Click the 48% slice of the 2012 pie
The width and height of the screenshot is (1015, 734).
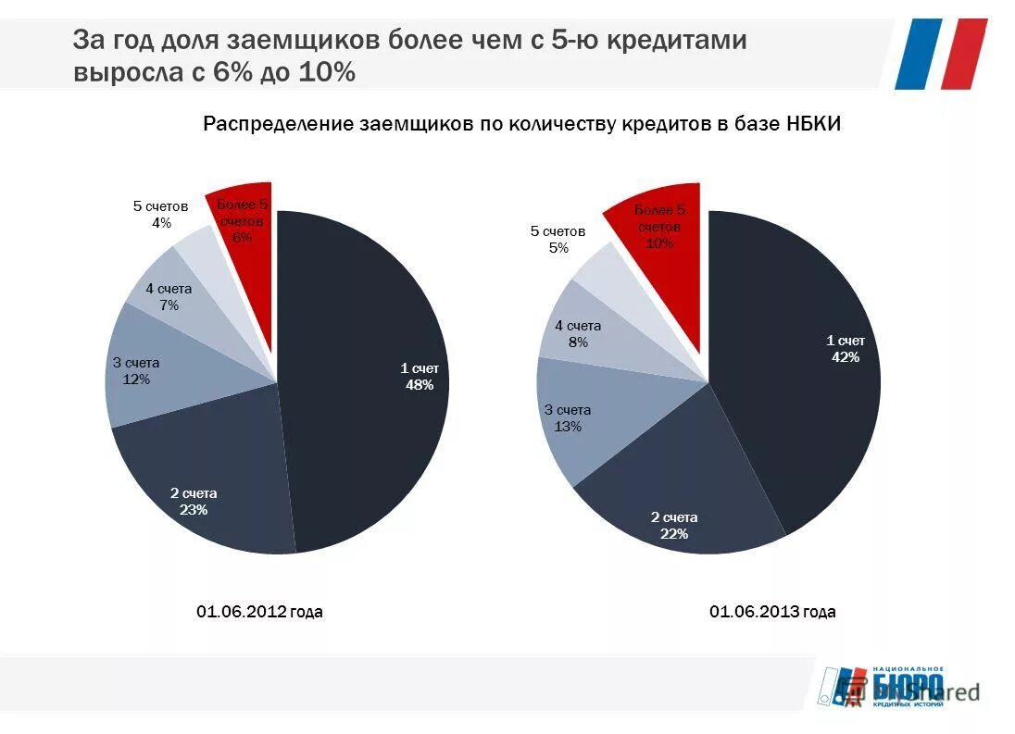[x=370, y=370]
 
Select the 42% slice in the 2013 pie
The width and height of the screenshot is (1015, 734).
[x=806, y=370]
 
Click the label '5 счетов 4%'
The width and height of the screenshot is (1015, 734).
[x=161, y=214]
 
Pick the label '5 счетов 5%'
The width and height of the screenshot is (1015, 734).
[x=558, y=239]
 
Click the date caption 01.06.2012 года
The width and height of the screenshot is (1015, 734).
[x=259, y=612]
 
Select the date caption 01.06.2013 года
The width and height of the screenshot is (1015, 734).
[x=772, y=612]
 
